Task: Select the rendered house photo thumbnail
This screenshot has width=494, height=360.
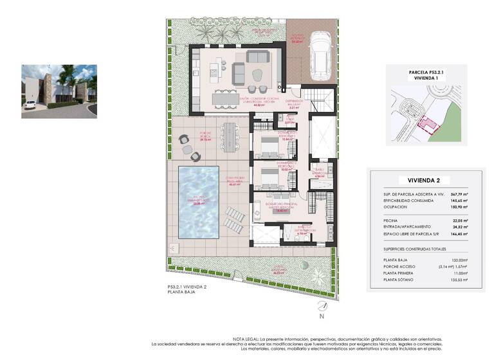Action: [x=59, y=91]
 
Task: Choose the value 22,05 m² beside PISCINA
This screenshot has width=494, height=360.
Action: [x=457, y=219]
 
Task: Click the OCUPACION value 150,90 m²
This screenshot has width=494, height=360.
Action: [x=456, y=208]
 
